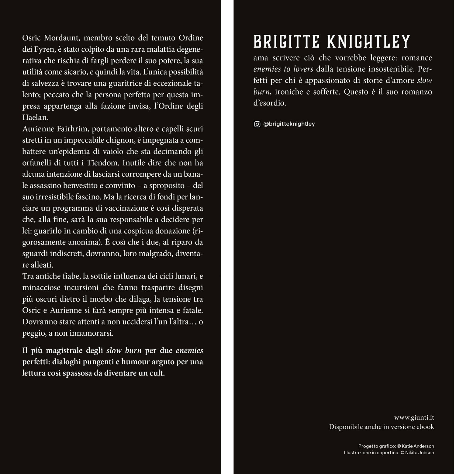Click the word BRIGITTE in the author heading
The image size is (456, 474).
[286, 42]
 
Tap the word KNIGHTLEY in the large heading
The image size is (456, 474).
[369, 42]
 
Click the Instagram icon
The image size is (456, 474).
[257, 124]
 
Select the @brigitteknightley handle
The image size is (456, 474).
[289, 124]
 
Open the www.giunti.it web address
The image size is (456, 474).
[414, 418]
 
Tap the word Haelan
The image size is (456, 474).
[35, 117]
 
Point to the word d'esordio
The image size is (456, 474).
[270, 103]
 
